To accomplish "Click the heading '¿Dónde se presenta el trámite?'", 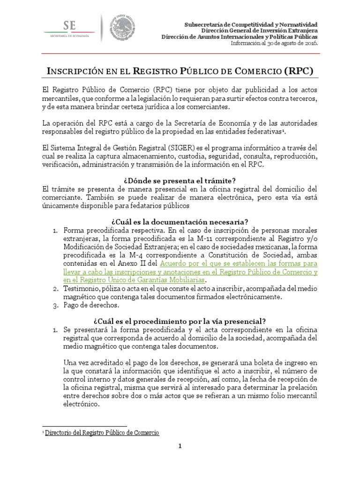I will coord(180,180).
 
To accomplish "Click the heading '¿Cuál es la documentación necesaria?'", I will coord(180,221).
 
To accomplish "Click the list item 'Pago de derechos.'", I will coord(92,305).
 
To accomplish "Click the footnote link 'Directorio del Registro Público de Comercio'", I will coord(102,433).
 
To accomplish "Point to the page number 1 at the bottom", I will coord(180,459).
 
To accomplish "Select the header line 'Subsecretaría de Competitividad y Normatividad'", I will coord(251,23).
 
